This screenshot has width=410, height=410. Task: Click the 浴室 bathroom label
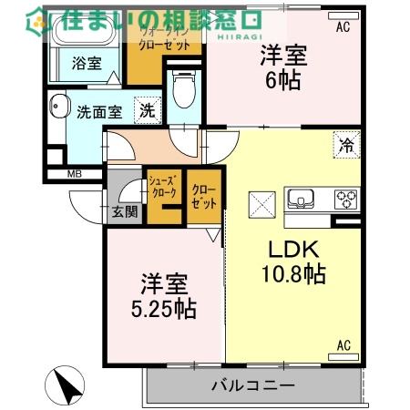click(x=87, y=65)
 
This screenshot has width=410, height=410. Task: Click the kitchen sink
click(x=301, y=199)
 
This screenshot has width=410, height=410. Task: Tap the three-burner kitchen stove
click(x=346, y=199)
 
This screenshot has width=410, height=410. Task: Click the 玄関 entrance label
click(x=125, y=213)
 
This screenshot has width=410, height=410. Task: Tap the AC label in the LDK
click(x=343, y=345)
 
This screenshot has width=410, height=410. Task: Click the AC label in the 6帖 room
click(x=342, y=28)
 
